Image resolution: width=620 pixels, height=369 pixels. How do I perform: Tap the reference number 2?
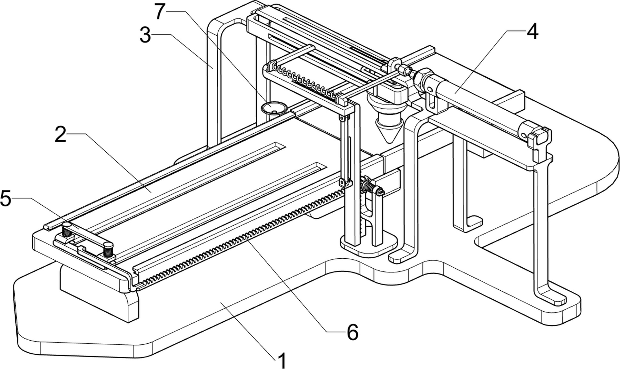pos(60,134)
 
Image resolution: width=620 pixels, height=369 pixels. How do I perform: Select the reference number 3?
pos(145,35)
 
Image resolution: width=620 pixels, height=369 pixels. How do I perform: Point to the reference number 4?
pos(532,32)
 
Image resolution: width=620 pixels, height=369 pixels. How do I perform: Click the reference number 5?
pos(5,198)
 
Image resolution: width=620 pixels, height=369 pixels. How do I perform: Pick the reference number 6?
pos(352,332)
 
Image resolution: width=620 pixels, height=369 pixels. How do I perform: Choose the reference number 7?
pos(160,11)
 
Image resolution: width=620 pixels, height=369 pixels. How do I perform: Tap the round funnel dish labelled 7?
pos(273,108)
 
